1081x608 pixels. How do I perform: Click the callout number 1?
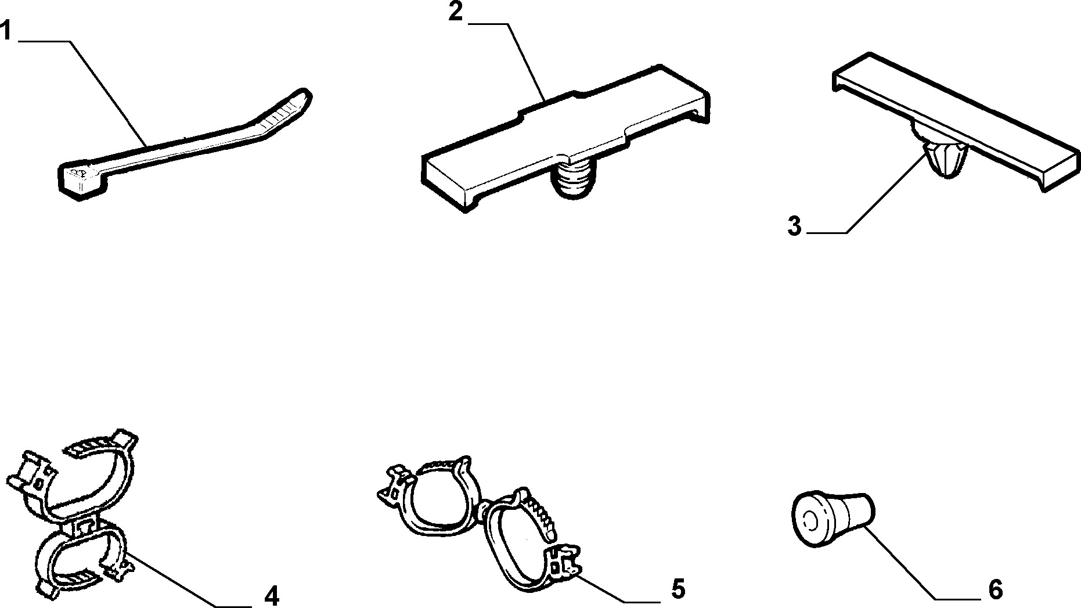6,30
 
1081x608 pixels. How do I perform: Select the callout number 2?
455,12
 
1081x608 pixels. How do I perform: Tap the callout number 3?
794,226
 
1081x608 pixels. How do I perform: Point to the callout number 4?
271,595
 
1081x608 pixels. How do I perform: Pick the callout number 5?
678,589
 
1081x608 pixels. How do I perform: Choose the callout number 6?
995,589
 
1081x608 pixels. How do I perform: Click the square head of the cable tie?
81,181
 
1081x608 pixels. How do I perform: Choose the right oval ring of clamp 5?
523,543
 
